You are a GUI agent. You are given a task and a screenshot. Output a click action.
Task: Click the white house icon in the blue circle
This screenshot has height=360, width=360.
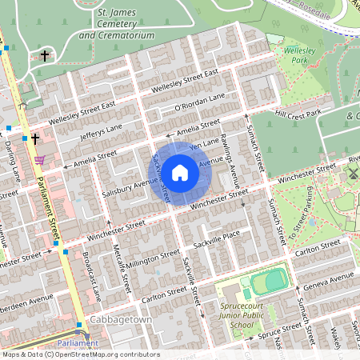tap(180, 172)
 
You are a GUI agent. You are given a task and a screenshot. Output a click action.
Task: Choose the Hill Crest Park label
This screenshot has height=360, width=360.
tap(297, 116)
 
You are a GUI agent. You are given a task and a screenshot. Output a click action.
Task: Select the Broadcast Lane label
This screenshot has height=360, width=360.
tap(89, 276)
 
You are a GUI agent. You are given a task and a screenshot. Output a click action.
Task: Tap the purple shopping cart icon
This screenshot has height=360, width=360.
tap(39, 159)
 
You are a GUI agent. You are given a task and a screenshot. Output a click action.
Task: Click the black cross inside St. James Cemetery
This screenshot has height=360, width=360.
tap(45, 56)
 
